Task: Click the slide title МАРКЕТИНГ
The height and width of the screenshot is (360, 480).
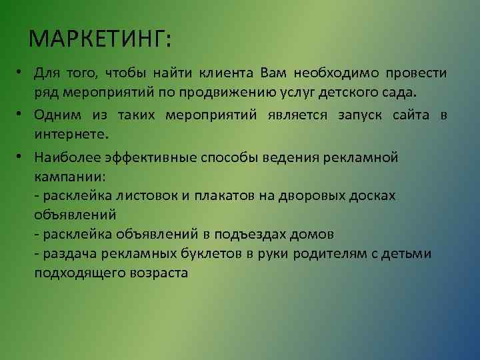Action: click(100, 39)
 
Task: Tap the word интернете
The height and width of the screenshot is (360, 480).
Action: click(69, 135)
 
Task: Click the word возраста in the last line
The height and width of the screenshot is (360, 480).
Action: click(159, 273)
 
